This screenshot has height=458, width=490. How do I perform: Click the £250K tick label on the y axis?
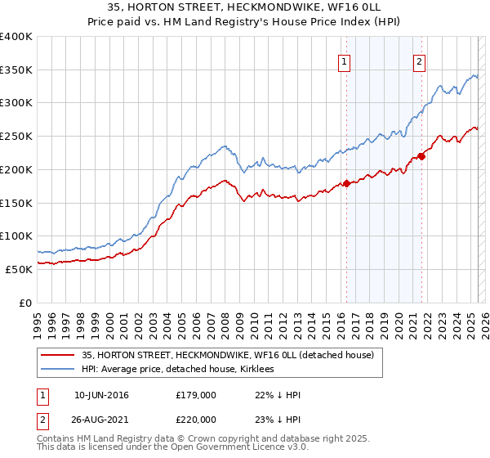(x=16, y=137)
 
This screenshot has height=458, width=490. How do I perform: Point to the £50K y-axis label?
(x=19, y=269)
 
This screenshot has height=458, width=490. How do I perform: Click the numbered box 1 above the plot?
(x=344, y=61)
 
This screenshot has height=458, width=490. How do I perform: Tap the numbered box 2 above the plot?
(x=419, y=61)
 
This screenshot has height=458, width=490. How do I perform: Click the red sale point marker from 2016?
(x=346, y=183)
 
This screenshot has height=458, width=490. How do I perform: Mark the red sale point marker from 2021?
(x=421, y=156)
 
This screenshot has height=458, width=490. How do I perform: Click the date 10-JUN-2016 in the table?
(x=101, y=395)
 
